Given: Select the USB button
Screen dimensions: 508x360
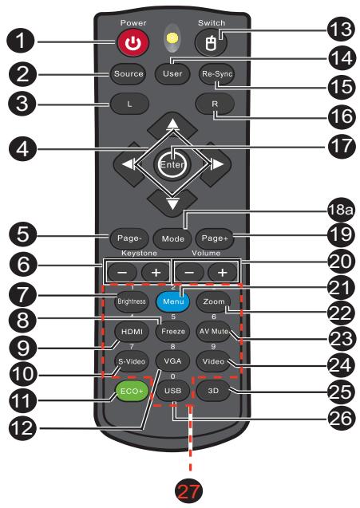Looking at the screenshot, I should [x=172, y=392].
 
